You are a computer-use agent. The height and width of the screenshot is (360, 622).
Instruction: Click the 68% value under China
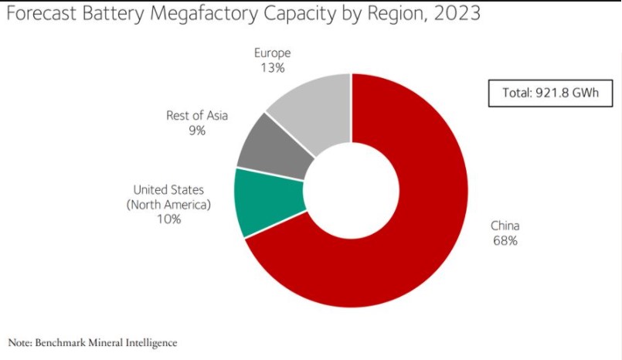tap(505, 241)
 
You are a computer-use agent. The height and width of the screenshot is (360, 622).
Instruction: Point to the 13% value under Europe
tap(273, 68)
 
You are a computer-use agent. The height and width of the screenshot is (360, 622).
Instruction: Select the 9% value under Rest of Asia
tap(197, 131)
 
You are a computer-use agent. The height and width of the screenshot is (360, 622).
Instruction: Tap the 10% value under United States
tap(168, 219)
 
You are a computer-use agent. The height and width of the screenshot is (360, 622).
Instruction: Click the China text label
tap(505, 226)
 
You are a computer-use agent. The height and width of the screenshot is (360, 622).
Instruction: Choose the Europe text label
tap(273, 53)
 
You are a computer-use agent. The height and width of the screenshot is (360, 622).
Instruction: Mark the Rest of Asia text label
tap(197, 115)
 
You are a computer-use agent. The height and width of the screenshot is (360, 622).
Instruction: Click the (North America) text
tap(168, 204)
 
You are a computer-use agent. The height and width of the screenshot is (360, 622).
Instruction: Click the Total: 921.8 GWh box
tap(551, 93)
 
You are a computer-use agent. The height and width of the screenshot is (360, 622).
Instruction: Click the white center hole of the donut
tap(352, 190)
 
